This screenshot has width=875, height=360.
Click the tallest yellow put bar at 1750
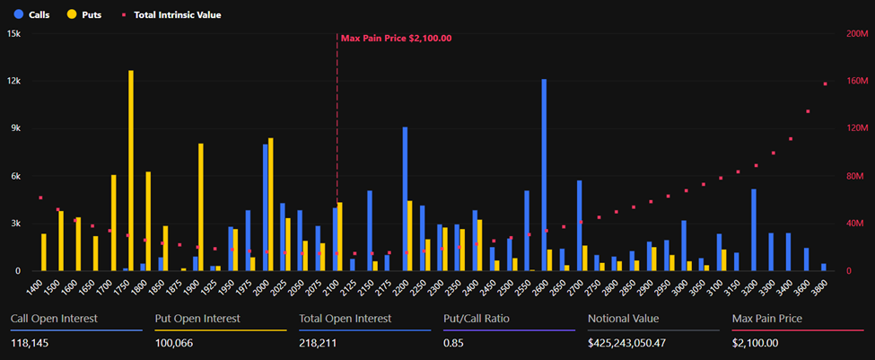[131, 171]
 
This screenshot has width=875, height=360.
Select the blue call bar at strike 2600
[544, 175]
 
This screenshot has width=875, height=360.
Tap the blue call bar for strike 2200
[405, 198]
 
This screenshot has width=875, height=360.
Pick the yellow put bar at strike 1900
[201, 207]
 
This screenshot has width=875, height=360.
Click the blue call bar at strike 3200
[754, 230]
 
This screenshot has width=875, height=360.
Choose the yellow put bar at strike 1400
[43, 252]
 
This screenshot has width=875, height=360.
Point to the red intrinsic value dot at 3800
[826, 83]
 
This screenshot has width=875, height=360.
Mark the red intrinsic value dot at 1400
[40, 198]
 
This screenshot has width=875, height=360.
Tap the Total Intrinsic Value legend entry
[171, 14]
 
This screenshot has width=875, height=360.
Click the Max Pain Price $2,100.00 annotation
[396, 39]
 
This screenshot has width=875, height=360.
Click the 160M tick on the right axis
[858, 81]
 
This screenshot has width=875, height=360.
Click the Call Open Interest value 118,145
[32, 343]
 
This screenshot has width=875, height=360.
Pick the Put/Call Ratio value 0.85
[452, 343]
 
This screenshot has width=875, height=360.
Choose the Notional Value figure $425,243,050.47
[638, 343]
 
